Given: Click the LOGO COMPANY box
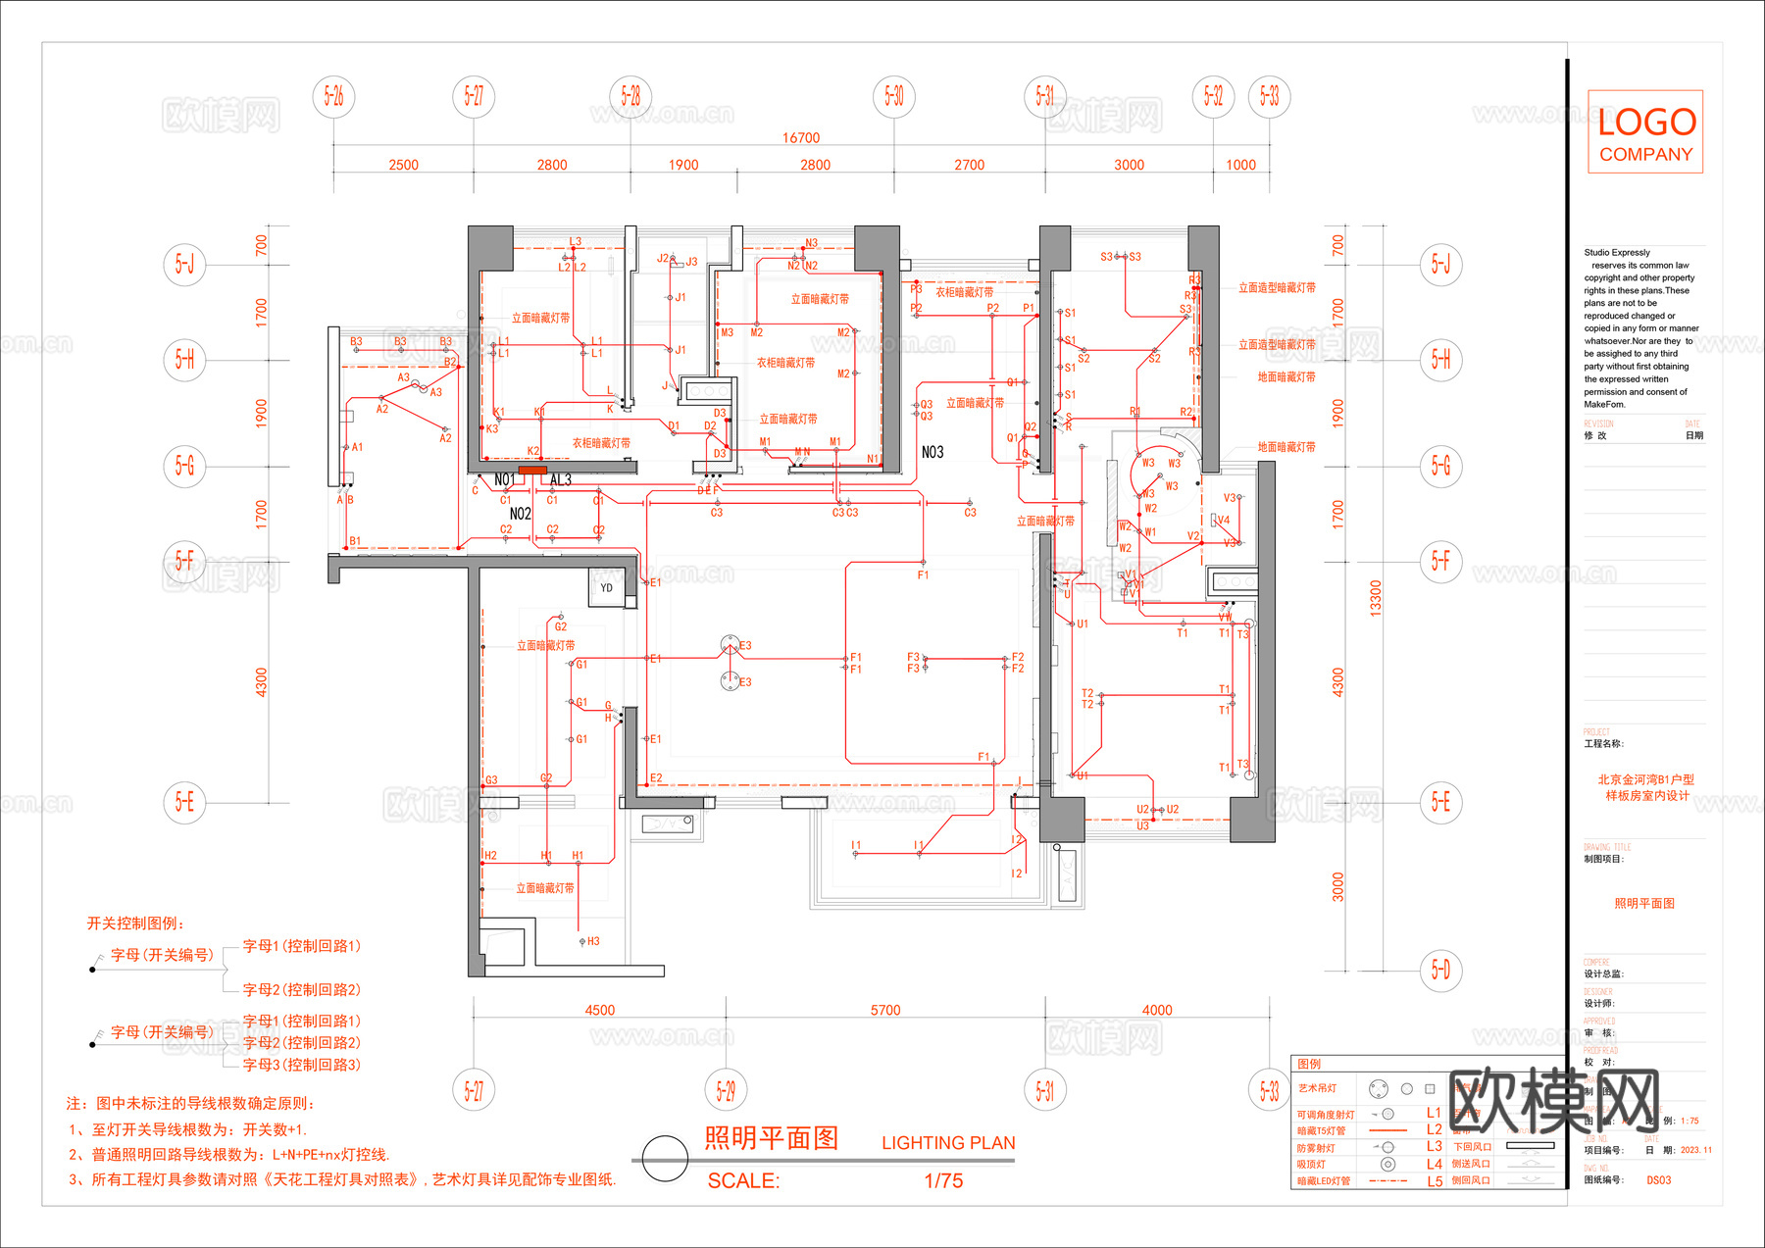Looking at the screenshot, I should pyautogui.click(x=1644, y=132).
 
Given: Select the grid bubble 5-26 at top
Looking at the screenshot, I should pyautogui.click(x=333, y=96).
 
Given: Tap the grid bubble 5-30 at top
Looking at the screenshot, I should pyautogui.click(x=893, y=96).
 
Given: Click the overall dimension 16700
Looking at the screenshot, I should pyautogui.click(x=800, y=138).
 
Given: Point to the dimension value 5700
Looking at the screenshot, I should pyautogui.click(x=884, y=1010).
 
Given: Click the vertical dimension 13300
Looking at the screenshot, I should pyautogui.click(x=1375, y=597).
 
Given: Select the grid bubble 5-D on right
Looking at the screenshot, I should pyautogui.click(x=1439, y=970).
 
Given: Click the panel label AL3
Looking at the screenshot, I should pyautogui.click(x=561, y=480).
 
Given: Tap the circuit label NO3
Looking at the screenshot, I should pyautogui.click(x=933, y=452).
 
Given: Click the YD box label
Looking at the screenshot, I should pyautogui.click(x=606, y=588).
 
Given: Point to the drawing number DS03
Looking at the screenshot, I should pyautogui.click(x=1658, y=1180).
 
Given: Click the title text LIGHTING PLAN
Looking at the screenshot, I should pyautogui.click(x=948, y=1143).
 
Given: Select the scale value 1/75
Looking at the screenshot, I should pyautogui.click(x=943, y=1181).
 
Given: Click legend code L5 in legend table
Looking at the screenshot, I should pyautogui.click(x=1434, y=1181).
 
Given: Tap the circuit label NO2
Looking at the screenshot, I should pyautogui.click(x=520, y=514).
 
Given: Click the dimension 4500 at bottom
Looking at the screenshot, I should pyautogui.click(x=599, y=1010).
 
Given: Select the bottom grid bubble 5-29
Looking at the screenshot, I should pyautogui.click(x=726, y=1090).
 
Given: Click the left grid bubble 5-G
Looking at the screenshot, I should pyautogui.click(x=184, y=465).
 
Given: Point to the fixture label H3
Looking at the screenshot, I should pyautogui.click(x=593, y=941).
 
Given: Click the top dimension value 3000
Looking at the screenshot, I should pyautogui.click(x=1129, y=165).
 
